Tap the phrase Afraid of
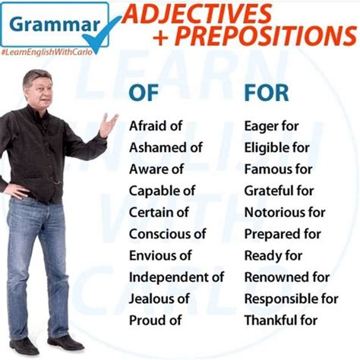156,126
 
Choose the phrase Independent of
176,277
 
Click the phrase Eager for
272,126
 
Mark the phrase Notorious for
285,213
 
